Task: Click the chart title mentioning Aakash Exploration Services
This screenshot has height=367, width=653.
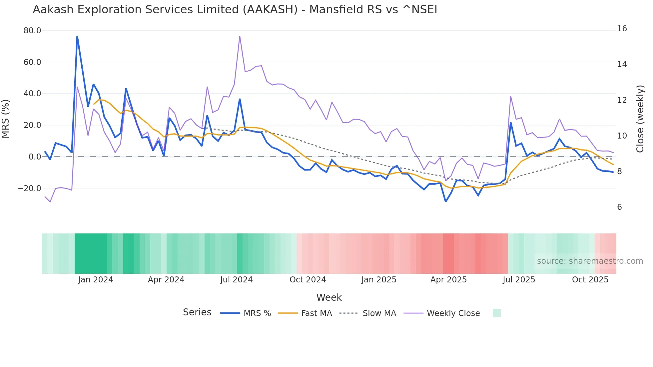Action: (235, 10)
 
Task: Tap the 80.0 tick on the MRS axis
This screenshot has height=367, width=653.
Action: (32, 31)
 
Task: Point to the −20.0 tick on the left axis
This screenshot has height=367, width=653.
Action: (29, 188)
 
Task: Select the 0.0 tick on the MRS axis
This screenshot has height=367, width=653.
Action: (35, 157)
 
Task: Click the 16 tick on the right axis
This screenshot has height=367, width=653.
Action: (622, 29)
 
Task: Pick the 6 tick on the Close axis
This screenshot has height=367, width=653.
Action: (619, 207)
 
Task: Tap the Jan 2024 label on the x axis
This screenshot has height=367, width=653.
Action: (96, 280)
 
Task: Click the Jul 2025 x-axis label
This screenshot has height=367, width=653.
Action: (519, 280)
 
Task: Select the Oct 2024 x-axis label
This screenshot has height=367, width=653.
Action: (308, 280)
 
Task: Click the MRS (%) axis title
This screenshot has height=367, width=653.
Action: (6, 119)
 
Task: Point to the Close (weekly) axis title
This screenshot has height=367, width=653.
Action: (640, 119)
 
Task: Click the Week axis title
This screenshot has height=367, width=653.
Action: (329, 297)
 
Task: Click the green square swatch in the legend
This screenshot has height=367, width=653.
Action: (496, 313)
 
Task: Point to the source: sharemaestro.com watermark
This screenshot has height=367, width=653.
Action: (590, 261)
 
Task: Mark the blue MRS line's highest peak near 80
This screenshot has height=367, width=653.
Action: (77, 36)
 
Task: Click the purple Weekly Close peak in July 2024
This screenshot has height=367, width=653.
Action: (240, 36)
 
